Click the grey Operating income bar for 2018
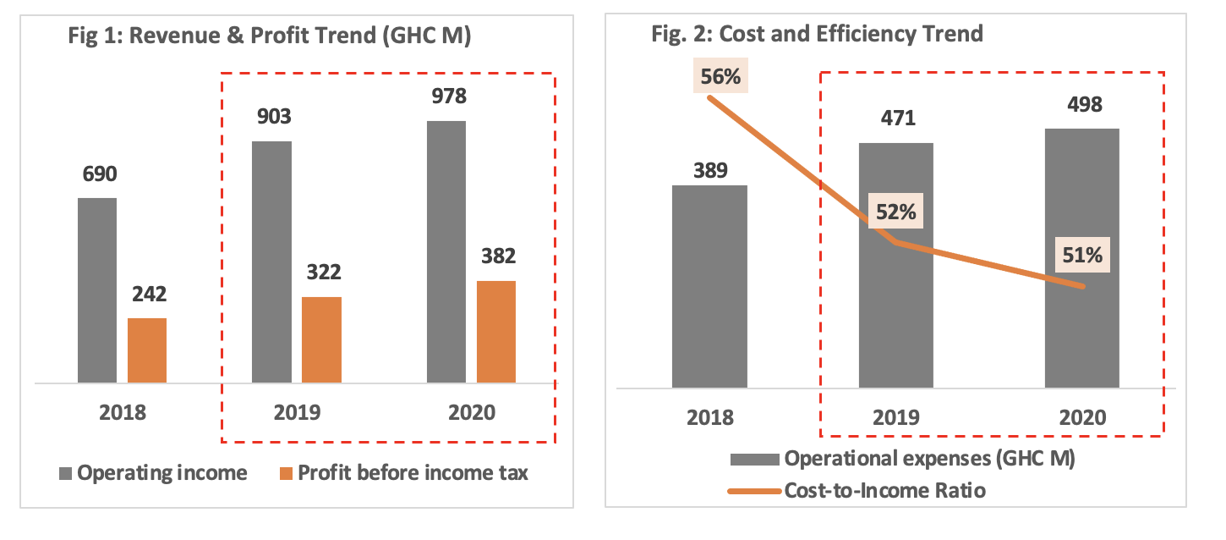click(x=97, y=290)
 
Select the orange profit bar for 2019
click(x=321, y=340)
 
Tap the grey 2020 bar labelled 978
click(x=446, y=252)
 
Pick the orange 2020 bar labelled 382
click(x=495, y=332)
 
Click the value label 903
click(x=272, y=117)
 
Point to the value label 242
click(x=148, y=295)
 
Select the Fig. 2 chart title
click(x=817, y=35)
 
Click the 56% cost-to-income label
click(x=720, y=77)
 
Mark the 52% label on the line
click(x=895, y=211)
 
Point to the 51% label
click(x=1082, y=254)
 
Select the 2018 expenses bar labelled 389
click(x=709, y=286)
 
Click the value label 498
click(x=1082, y=105)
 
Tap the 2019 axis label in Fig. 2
click(x=895, y=418)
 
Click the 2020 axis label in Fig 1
click(x=471, y=413)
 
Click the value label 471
click(x=895, y=119)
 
